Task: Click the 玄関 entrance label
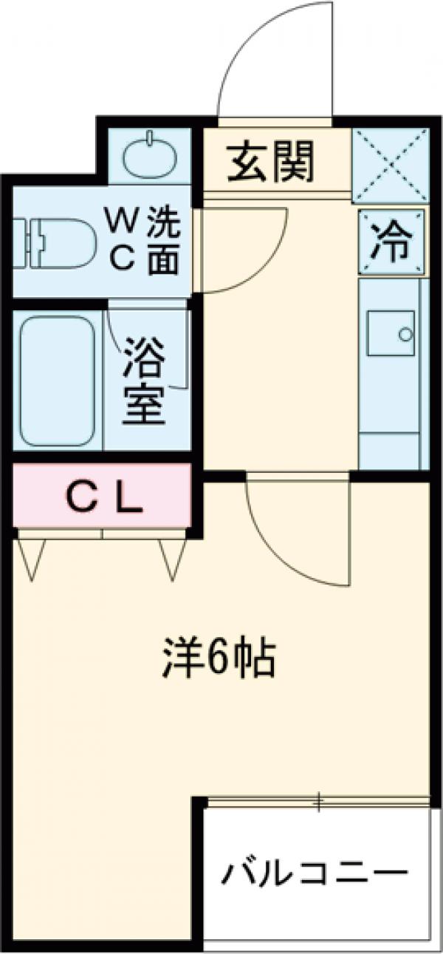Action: click(x=270, y=161)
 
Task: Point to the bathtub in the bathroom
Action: click(x=58, y=381)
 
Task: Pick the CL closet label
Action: click(x=105, y=501)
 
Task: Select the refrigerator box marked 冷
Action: click(x=392, y=242)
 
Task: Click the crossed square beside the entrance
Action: click(x=391, y=166)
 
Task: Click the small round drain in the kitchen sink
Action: click(x=405, y=335)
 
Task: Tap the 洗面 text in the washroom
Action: click(x=161, y=240)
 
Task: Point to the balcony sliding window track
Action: click(x=317, y=801)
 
